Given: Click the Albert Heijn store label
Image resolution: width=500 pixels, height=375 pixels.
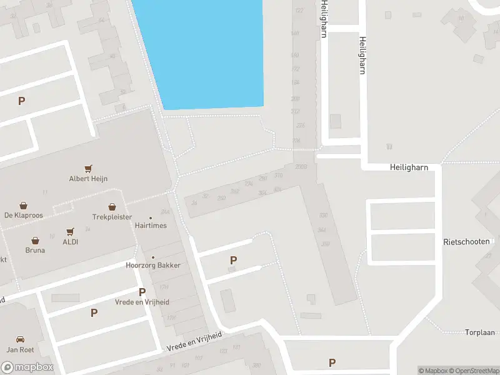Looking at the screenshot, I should [88, 179].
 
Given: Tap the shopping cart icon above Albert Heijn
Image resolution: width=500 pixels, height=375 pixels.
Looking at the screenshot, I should [88, 168].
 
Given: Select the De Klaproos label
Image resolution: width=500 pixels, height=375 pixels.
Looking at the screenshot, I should [22, 216].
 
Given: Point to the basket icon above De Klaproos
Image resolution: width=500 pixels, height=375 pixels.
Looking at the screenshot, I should [23, 205].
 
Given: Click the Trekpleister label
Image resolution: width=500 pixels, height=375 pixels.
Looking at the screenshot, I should [112, 217].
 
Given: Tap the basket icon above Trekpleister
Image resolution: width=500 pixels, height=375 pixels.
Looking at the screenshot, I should [112, 207].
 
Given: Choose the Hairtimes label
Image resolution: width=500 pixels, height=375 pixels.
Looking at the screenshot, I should [151, 226].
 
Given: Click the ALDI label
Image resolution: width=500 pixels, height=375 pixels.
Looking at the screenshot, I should [70, 242].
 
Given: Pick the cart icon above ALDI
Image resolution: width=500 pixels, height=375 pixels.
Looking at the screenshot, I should [70, 231].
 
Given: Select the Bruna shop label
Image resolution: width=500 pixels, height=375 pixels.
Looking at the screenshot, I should [35, 251].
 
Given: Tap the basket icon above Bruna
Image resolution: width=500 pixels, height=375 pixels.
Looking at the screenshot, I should [35, 240].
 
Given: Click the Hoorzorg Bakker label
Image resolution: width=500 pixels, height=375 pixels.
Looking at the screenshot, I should [153, 265].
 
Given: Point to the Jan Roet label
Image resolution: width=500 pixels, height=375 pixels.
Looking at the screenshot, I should [19, 350].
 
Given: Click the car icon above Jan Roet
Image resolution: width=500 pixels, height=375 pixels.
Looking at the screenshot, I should [19, 339].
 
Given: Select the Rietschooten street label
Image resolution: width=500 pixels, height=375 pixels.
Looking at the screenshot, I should [466, 242].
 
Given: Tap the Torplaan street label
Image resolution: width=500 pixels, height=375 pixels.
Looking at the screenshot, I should [480, 332].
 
